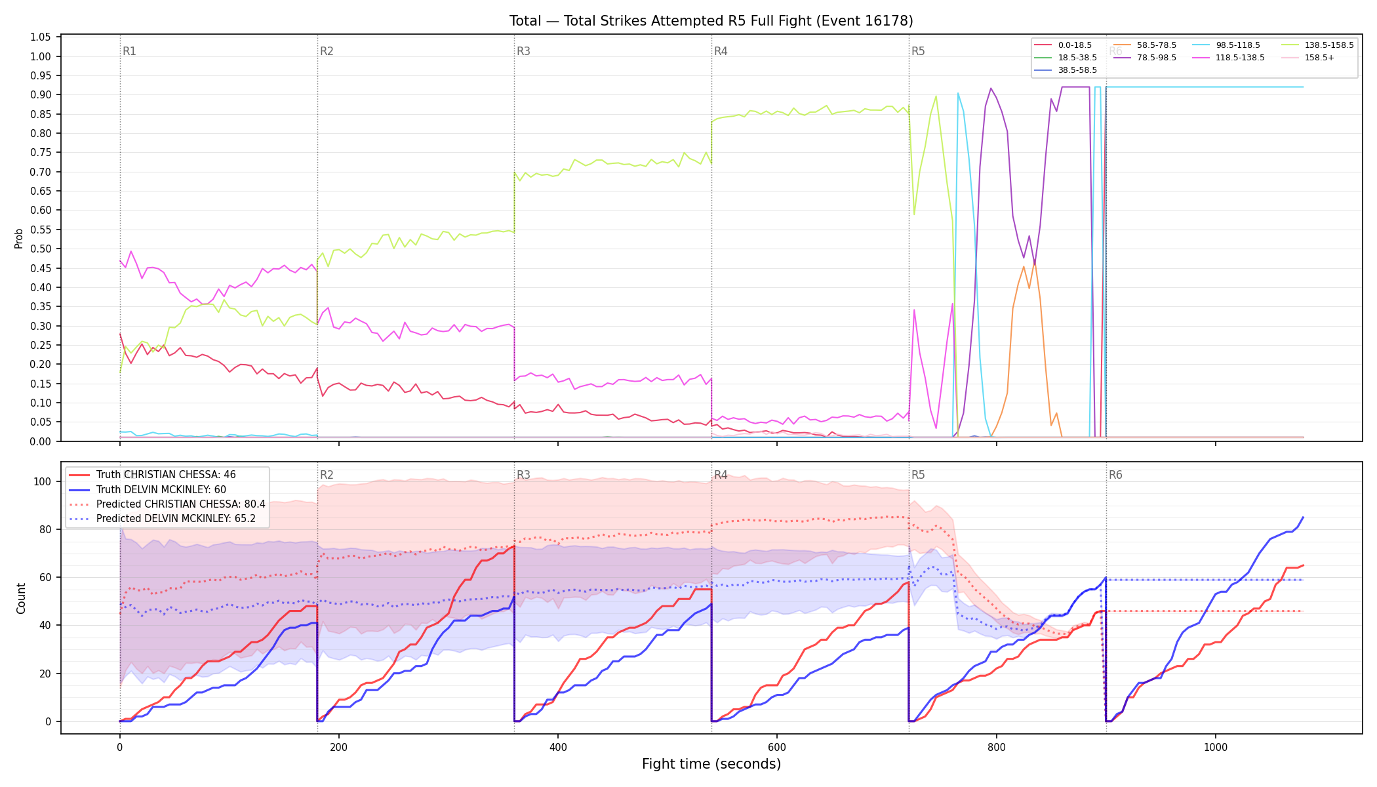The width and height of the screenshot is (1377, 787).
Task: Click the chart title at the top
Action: (711, 21)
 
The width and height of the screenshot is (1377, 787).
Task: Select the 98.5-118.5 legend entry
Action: (1227, 45)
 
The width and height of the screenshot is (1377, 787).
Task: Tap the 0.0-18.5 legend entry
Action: (1063, 45)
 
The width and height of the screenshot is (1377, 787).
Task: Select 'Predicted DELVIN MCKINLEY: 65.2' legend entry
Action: (167, 519)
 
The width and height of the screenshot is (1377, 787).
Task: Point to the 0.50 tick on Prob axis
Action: (41, 249)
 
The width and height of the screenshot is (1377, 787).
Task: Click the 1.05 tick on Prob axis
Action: (41, 37)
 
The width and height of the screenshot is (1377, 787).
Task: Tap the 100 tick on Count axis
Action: (43, 481)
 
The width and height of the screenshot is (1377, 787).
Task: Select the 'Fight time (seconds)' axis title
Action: (711, 765)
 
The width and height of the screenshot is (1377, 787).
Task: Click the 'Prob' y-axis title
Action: (19, 239)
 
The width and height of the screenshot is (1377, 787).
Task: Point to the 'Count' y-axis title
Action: (21, 598)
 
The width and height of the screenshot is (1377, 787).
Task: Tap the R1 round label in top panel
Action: (129, 51)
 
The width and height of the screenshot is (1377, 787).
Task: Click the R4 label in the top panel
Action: (721, 51)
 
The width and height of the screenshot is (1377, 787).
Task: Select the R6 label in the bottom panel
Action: (1115, 475)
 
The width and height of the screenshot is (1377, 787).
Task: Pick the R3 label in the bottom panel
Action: (523, 475)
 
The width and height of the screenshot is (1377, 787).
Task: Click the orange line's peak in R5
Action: (1035, 262)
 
